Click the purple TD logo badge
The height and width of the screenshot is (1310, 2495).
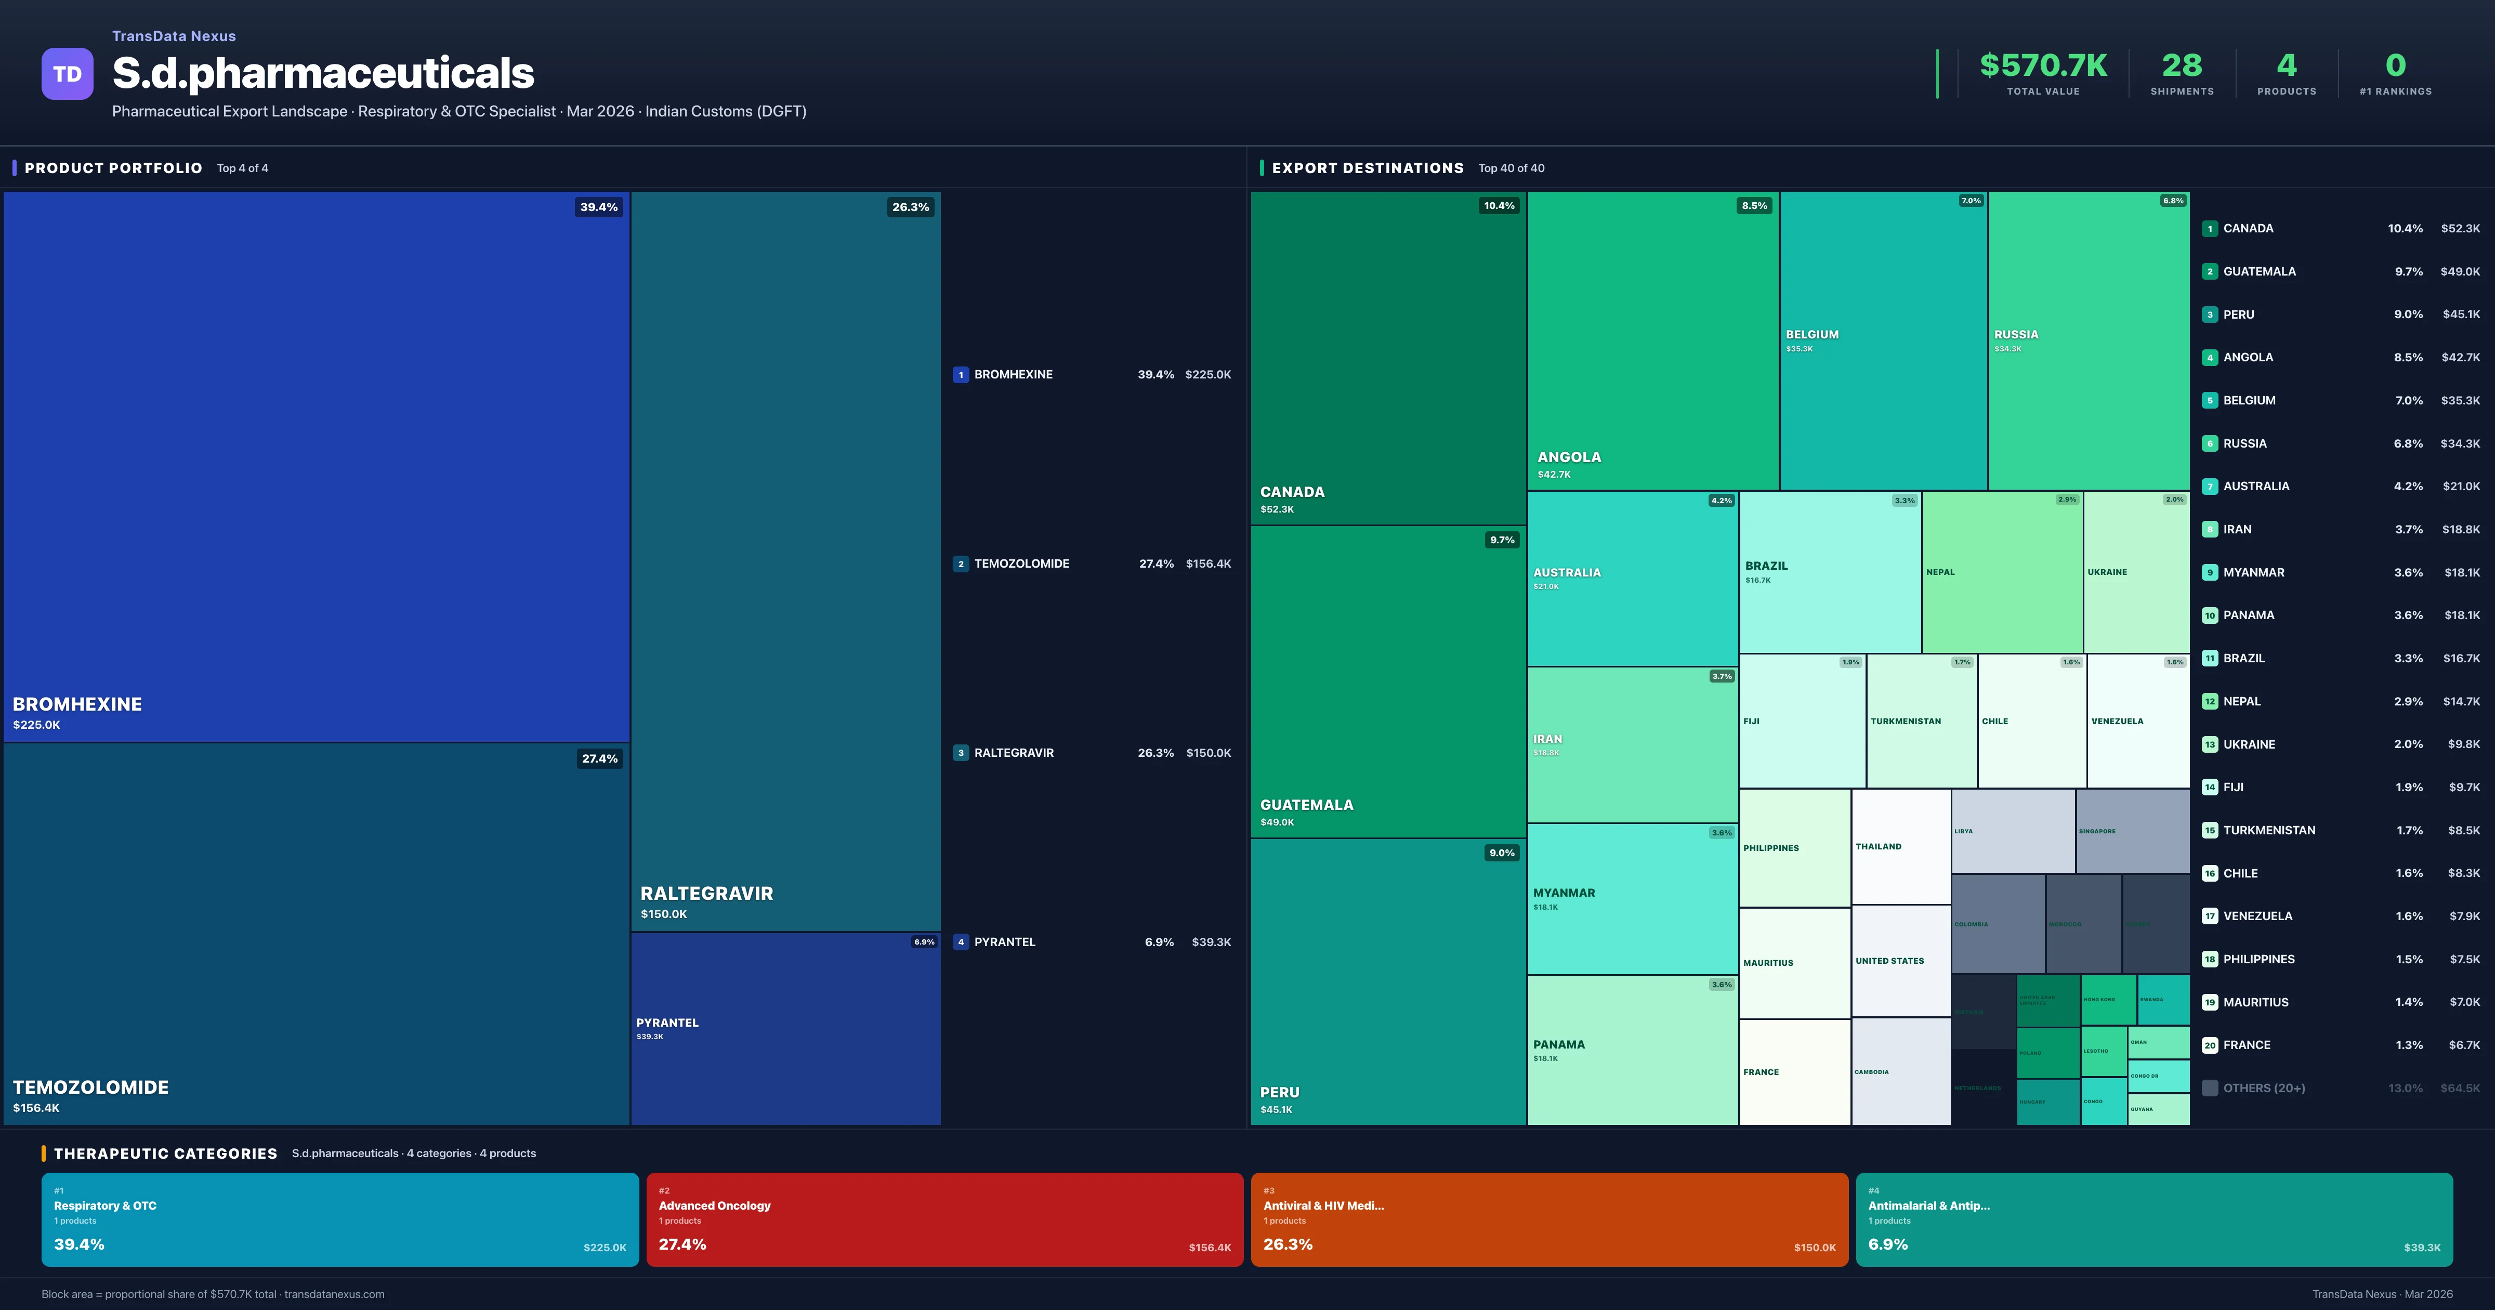coord(67,74)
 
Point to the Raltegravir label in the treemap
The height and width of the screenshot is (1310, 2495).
coord(706,894)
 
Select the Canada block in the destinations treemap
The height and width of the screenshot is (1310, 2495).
coord(1387,359)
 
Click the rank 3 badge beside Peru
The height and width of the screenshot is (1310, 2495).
coord(2209,315)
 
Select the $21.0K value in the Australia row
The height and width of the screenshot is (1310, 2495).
coord(2460,487)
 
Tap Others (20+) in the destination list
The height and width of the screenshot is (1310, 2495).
coord(2264,1088)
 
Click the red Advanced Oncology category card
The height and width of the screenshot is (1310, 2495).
coord(944,1219)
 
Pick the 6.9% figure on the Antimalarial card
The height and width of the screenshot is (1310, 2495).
coord(1888,1244)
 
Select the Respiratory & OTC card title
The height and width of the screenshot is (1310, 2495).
coord(104,1206)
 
